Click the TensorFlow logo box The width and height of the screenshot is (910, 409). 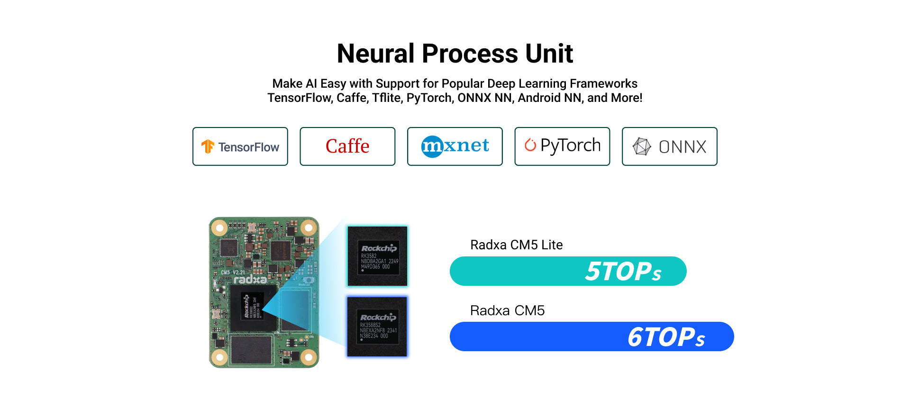(x=240, y=146)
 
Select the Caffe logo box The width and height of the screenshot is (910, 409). (x=347, y=146)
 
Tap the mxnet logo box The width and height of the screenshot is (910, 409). (x=455, y=146)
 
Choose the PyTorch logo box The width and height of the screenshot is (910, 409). (x=562, y=146)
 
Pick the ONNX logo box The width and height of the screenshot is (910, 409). (x=669, y=146)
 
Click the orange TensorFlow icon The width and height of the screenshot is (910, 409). (x=208, y=146)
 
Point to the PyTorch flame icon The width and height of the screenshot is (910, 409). (x=530, y=145)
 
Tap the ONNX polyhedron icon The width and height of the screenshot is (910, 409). (x=642, y=146)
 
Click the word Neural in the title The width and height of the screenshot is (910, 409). (x=375, y=53)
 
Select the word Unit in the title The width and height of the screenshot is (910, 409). (x=549, y=53)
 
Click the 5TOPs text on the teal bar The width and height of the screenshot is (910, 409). (x=623, y=272)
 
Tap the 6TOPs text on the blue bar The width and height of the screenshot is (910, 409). (x=666, y=337)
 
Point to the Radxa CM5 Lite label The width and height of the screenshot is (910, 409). (x=516, y=245)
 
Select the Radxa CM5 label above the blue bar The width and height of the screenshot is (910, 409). (x=507, y=310)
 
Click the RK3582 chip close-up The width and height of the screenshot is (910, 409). (x=377, y=256)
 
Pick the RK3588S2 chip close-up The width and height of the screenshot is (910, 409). (x=377, y=327)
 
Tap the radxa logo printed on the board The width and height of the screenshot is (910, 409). (x=250, y=280)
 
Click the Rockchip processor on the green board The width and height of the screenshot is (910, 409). (x=253, y=306)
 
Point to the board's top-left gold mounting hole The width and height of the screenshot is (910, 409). (x=219, y=228)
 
